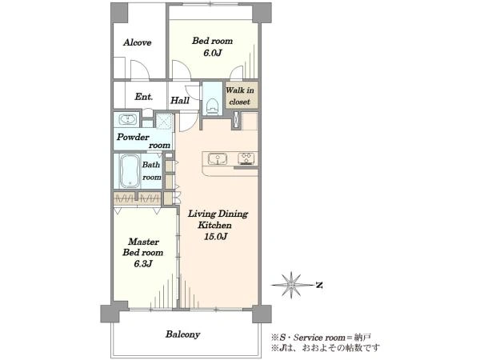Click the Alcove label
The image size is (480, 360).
(137, 42)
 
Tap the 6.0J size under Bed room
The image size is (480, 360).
(212, 53)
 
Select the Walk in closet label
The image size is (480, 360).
(240, 96)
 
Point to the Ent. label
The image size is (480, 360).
(143, 97)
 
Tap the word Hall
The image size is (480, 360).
(180, 101)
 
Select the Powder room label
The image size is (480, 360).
(143, 141)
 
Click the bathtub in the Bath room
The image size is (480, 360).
(130, 171)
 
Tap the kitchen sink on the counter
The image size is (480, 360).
(218, 159)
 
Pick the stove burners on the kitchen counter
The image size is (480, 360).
(246, 158)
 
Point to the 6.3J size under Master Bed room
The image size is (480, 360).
(143, 264)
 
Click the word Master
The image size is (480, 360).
(143, 242)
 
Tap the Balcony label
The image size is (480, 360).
(182, 334)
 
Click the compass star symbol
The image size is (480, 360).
(291, 285)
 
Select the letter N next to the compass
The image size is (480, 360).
(319, 286)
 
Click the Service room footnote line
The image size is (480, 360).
(321, 338)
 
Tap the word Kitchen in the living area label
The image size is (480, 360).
(214, 226)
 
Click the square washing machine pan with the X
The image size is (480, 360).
(164, 121)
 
